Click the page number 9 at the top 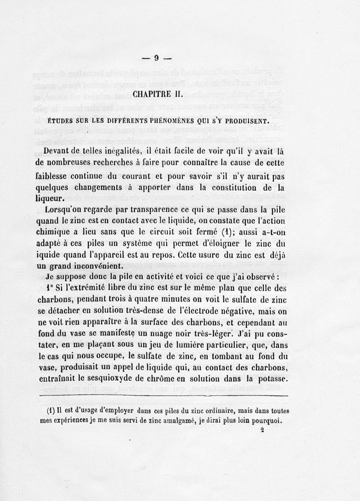pos(157,58)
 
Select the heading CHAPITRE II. pos(157,95)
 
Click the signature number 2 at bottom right pos(262,429)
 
